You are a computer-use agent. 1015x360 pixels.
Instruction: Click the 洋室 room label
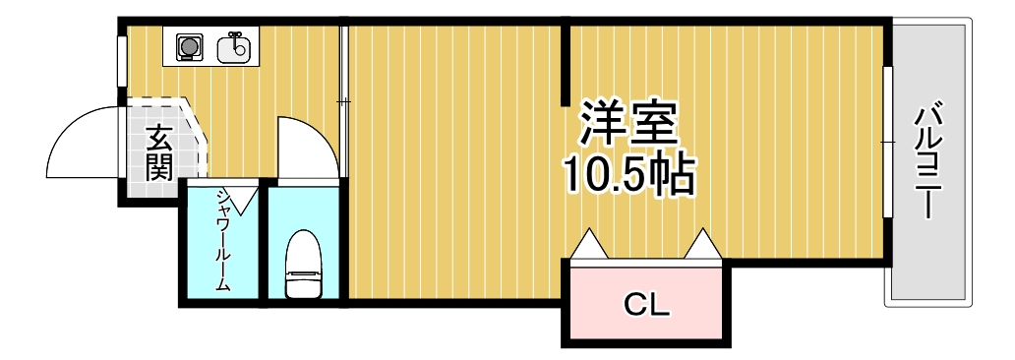(x=627, y=124)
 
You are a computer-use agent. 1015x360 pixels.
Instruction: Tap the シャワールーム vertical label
(x=222, y=240)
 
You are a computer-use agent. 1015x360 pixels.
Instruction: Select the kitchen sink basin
(x=235, y=47)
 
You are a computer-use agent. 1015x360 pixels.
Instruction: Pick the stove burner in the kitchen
(x=187, y=46)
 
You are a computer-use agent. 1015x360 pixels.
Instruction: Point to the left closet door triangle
(x=590, y=244)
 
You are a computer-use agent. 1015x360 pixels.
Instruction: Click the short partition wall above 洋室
(x=566, y=64)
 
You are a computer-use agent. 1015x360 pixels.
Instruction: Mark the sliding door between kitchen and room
(x=344, y=98)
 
